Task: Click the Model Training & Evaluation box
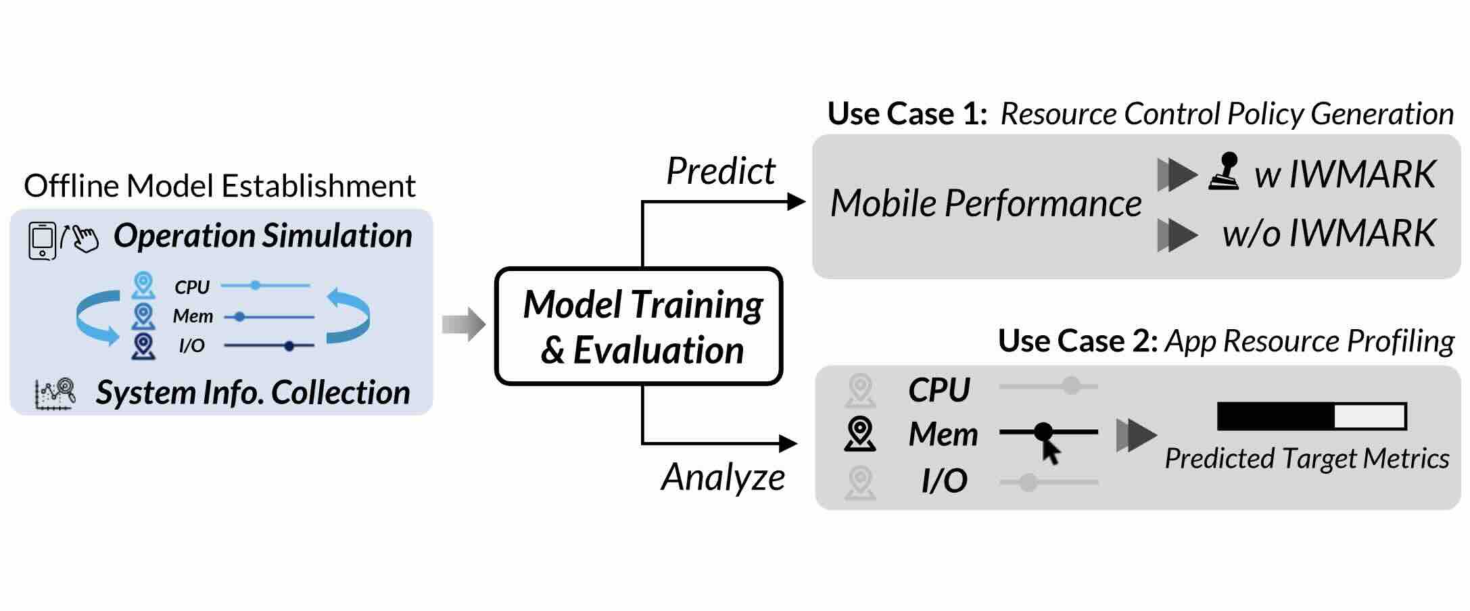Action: click(639, 326)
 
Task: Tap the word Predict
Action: click(721, 171)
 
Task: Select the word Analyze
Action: click(723, 477)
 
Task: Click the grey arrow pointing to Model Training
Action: click(464, 324)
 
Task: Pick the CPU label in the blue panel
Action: click(192, 287)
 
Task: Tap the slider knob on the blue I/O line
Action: click(289, 346)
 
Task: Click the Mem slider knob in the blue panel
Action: click(239, 316)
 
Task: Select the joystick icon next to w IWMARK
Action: click(1225, 172)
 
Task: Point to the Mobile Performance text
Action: click(985, 203)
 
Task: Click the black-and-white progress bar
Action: click(1311, 416)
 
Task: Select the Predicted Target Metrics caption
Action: click(1306, 459)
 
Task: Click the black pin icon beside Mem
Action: click(860, 434)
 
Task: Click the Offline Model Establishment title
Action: click(220, 186)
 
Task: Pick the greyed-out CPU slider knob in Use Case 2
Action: click(1071, 386)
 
